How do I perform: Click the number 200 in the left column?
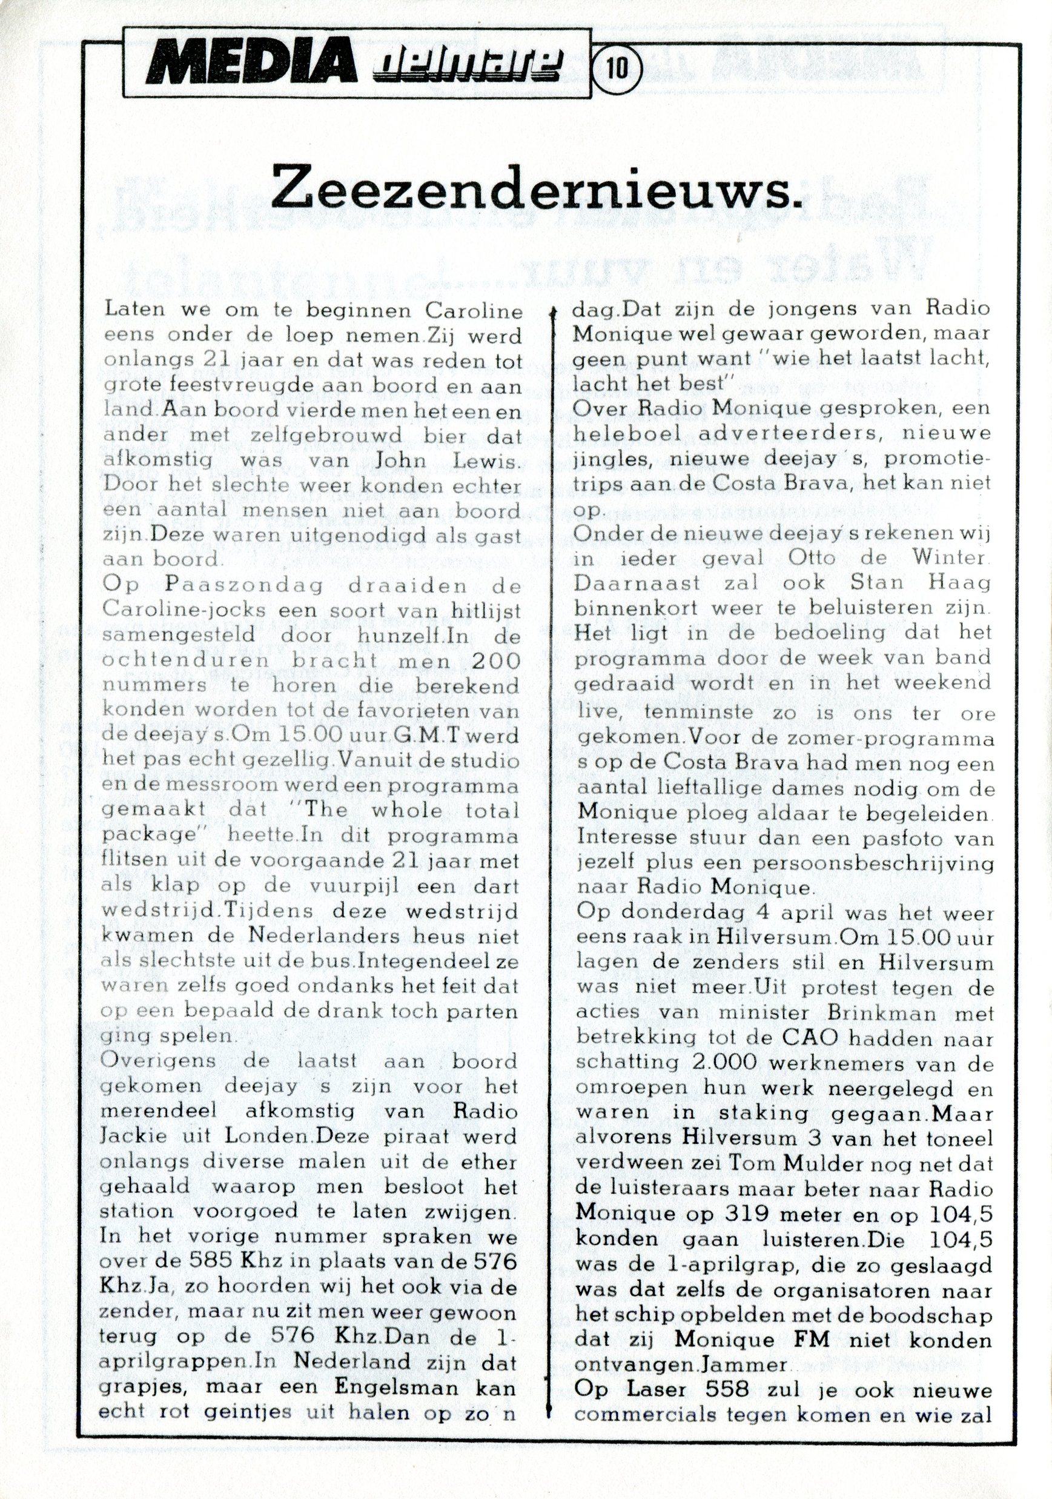pyautogui.click(x=495, y=660)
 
